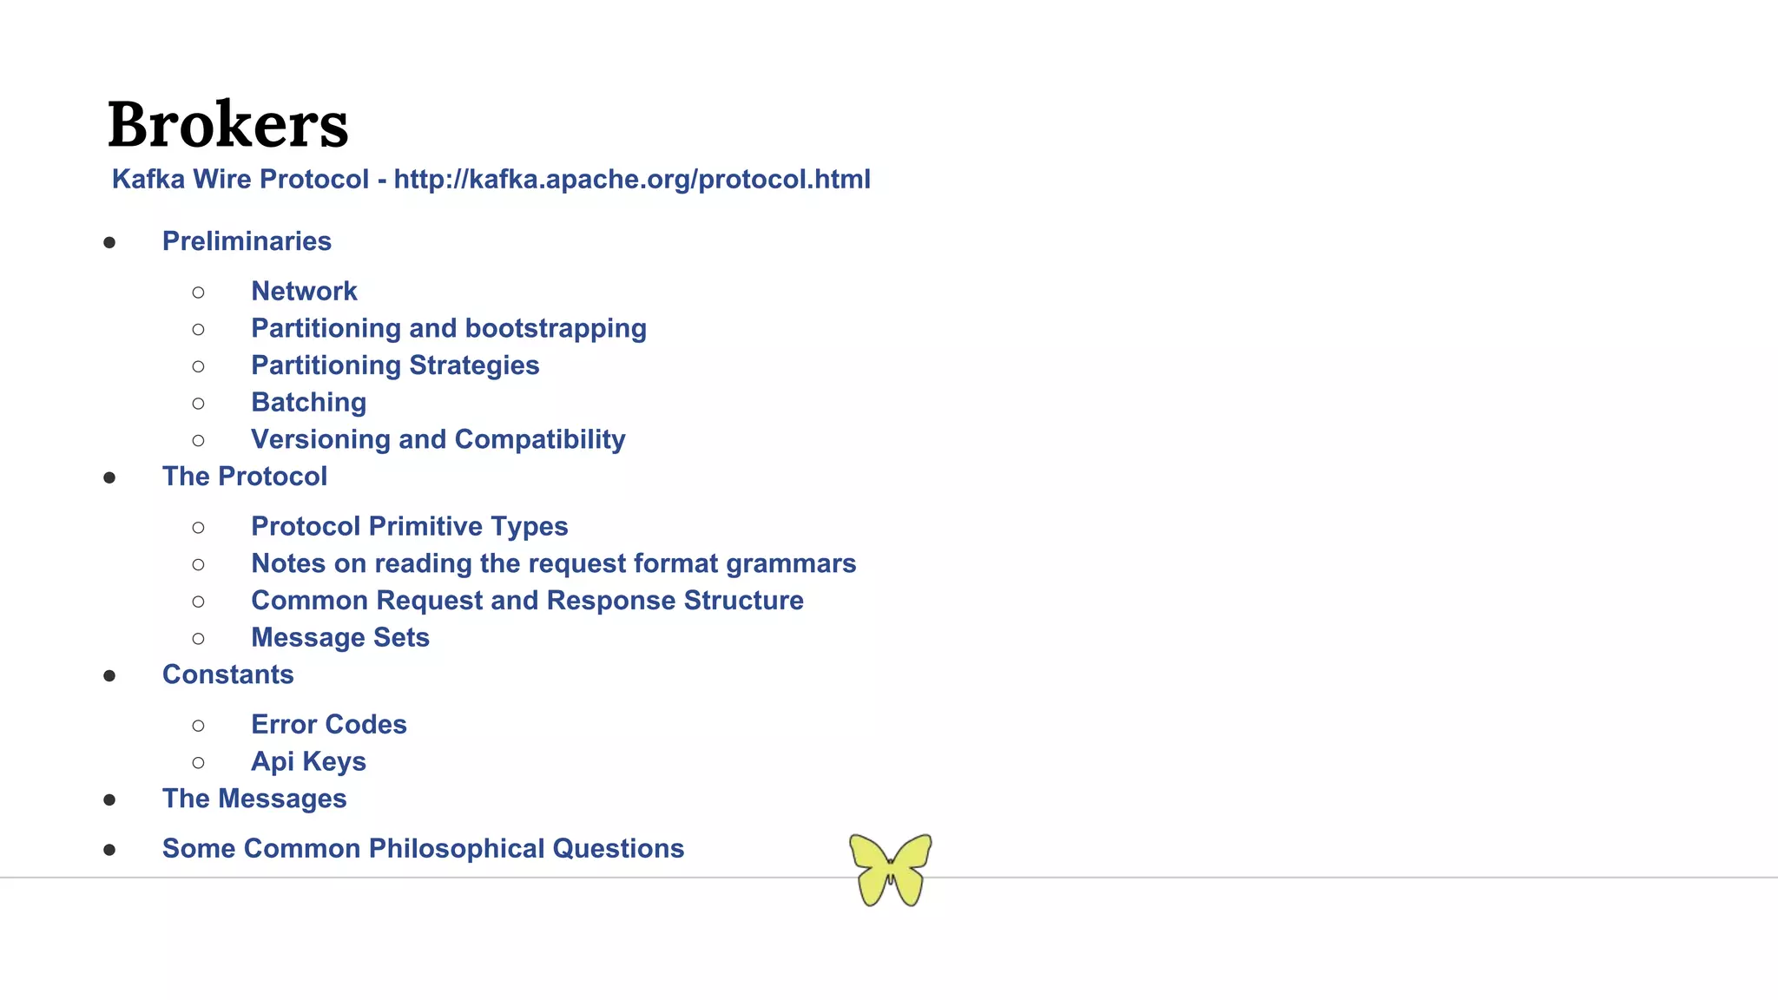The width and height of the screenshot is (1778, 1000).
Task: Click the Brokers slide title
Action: pos(227,124)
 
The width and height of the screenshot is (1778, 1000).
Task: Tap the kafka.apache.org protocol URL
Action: pos(631,179)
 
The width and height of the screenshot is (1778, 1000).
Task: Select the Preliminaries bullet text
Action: pos(247,241)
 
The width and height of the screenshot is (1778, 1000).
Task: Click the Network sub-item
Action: pos(304,292)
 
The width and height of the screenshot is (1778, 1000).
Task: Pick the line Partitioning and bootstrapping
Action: pos(448,328)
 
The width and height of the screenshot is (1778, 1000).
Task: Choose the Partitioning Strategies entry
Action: pos(395,365)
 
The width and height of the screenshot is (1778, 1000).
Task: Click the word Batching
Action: pos(308,403)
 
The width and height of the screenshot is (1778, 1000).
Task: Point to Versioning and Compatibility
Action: pos(438,439)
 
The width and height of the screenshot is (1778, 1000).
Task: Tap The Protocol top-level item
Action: pos(244,477)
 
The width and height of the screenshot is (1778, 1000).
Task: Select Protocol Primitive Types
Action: pos(409,526)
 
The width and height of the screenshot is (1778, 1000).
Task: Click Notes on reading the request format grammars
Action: pos(553,563)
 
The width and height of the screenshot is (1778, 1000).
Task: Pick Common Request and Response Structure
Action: pos(527,601)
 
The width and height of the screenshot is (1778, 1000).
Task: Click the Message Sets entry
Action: pos(339,638)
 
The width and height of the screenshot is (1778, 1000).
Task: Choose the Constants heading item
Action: pos(227,674)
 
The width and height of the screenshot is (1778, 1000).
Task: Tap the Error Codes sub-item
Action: pos(328,725)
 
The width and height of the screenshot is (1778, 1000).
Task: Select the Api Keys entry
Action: pos(308,762)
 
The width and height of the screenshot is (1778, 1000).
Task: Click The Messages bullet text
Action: pos(254,799)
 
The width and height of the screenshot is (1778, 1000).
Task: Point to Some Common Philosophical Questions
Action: pos(423,849)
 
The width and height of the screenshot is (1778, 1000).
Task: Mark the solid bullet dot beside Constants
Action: pos(109,676)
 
